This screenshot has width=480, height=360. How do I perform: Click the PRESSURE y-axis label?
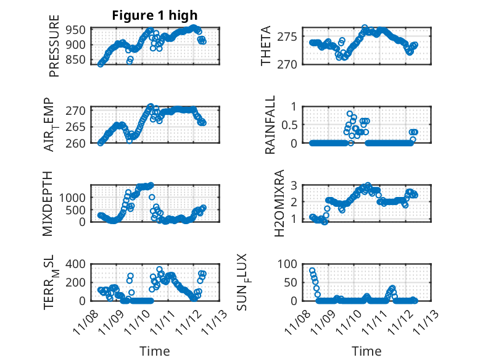pyautogui.click(x=54, y=50)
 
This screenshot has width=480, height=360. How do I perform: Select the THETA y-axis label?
pyautogui.click(x=266, y=46)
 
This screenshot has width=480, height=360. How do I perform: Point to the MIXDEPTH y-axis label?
pyautogui.click(x=48, y=203)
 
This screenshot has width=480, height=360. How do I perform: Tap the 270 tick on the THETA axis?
pyautogui.click(x=292, y=64)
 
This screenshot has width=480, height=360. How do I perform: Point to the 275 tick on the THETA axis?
pyautogui.click(x=292, y=36)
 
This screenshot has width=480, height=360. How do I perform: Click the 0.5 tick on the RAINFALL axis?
pyautogui.click(x=290, y=125)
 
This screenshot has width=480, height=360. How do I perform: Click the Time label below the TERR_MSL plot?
pyautogui.click(x=155, y=351)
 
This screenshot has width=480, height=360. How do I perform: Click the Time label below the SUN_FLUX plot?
pyautogui.click(x=366, y=351)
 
